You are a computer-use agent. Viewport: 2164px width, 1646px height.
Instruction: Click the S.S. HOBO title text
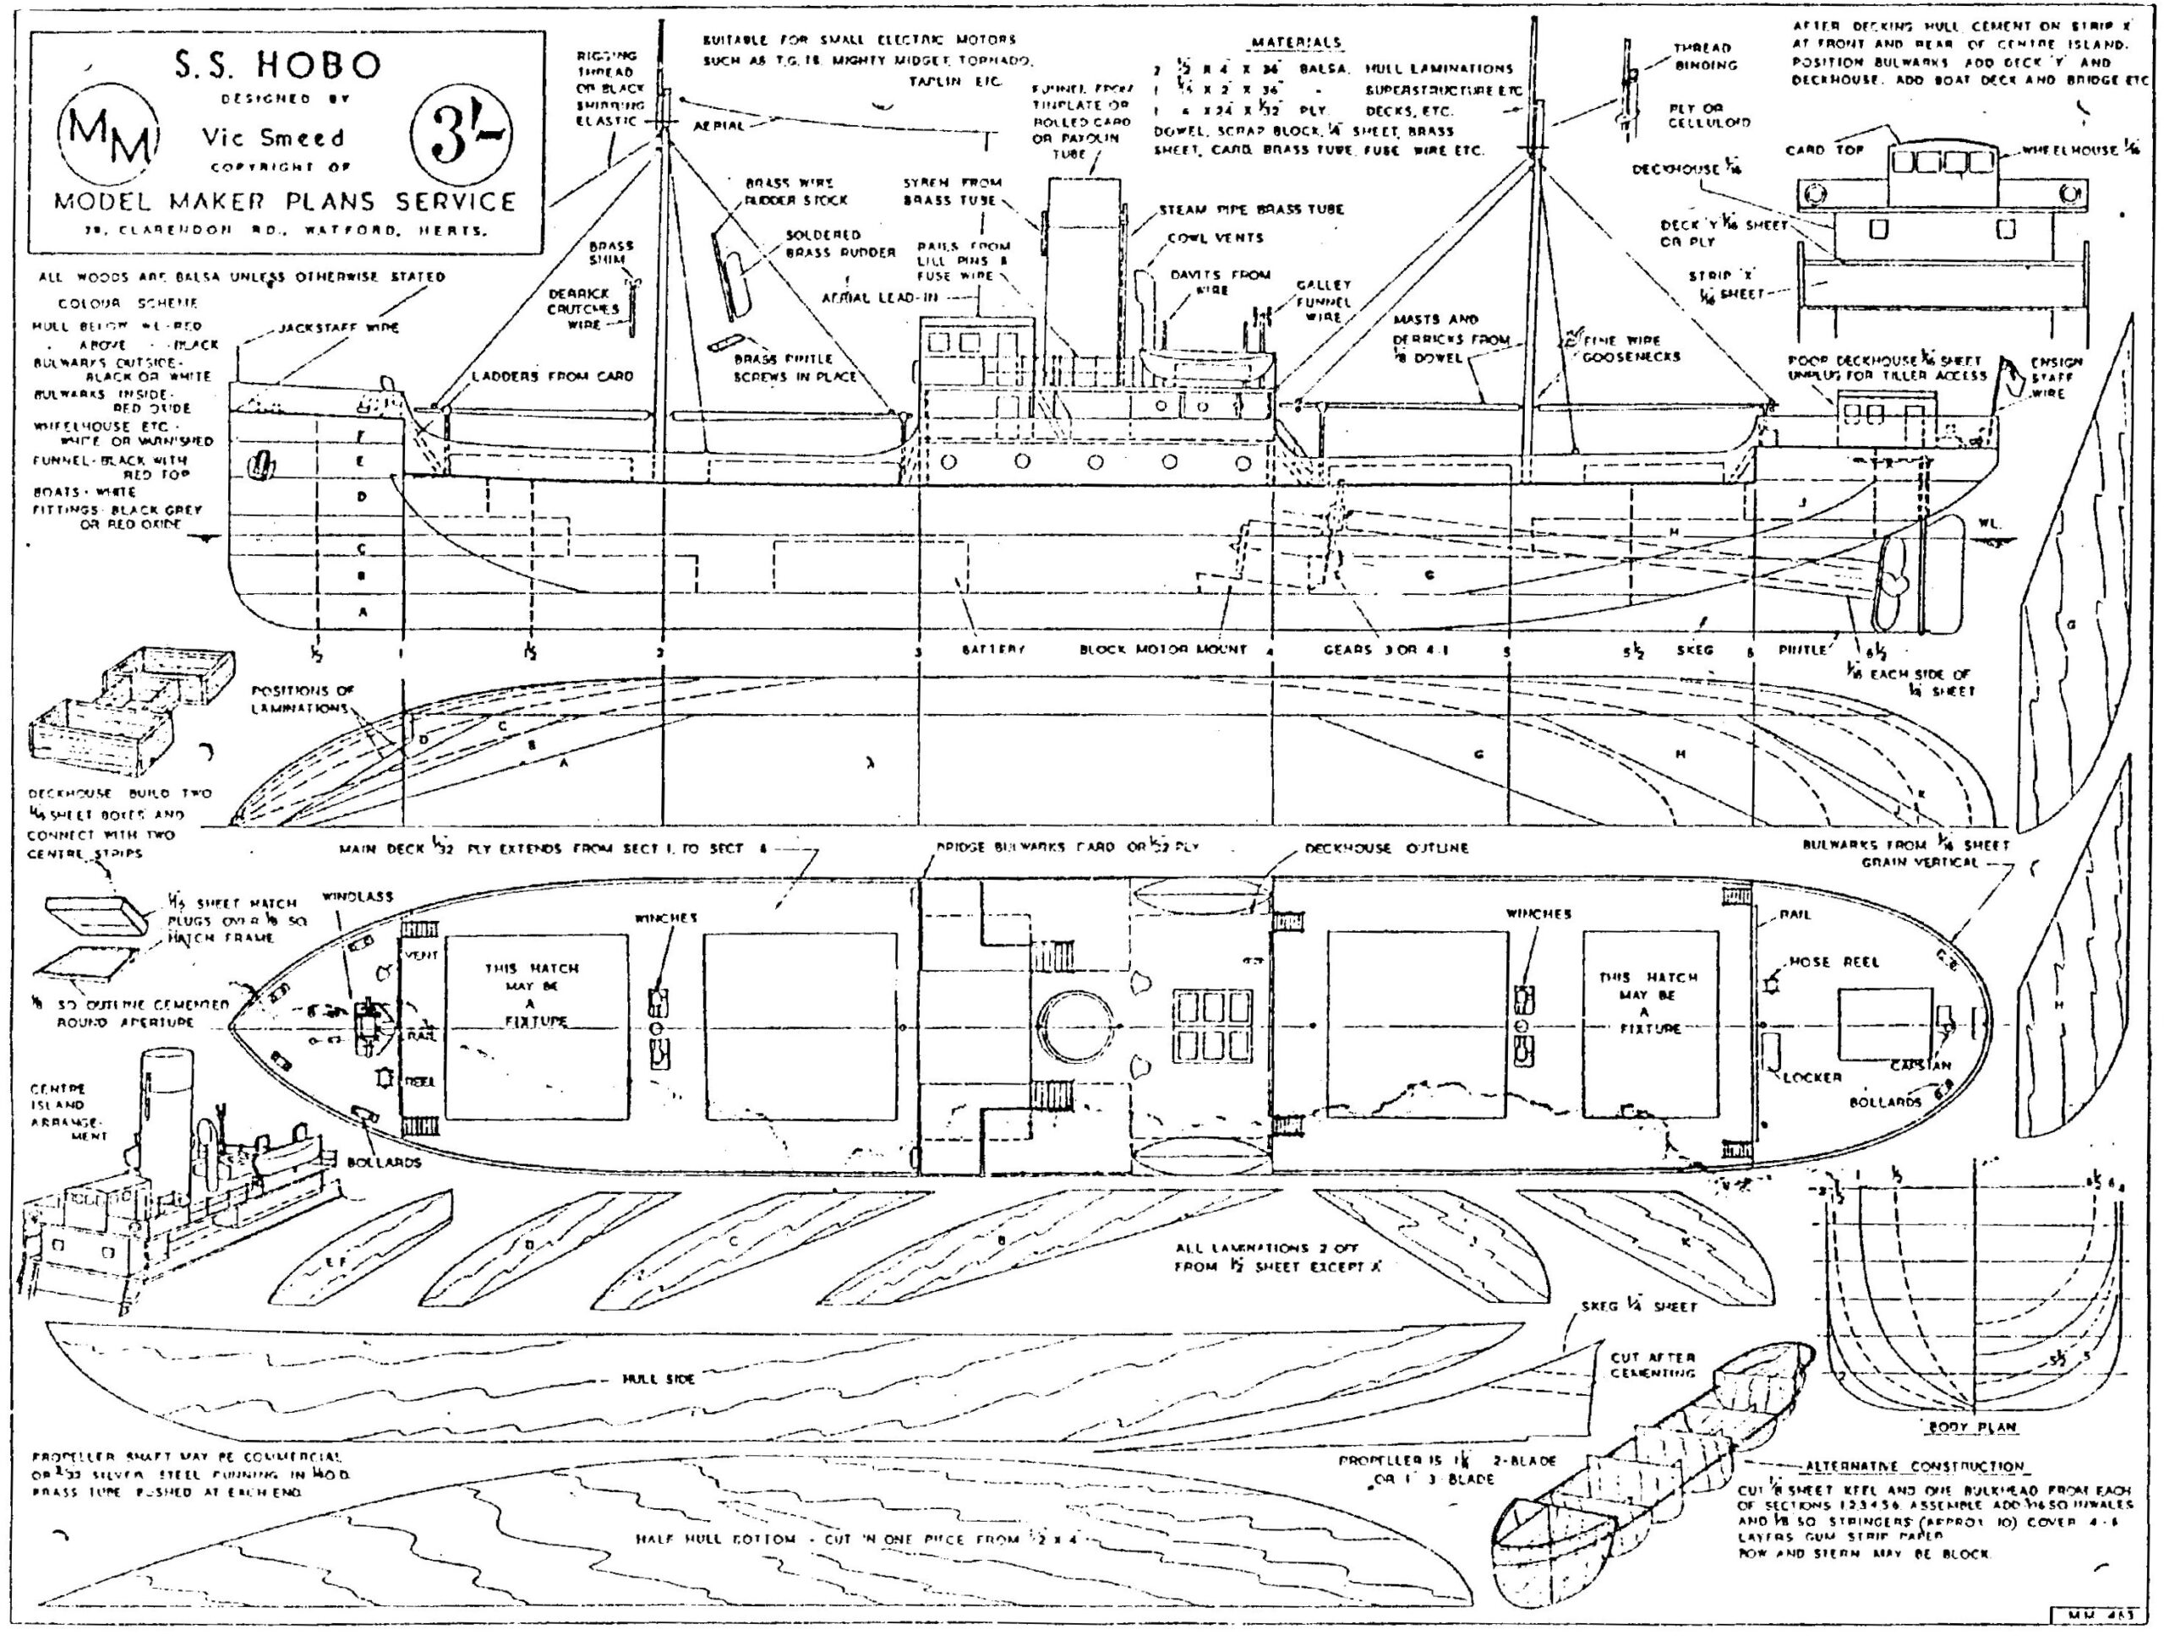[x=277, y=65]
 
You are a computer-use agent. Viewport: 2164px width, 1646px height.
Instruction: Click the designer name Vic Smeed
[x=272, y=137]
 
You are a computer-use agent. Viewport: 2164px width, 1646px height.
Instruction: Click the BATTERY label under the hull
[x=992, y=650]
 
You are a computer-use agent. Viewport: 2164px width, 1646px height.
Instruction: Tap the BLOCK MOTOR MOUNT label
[x=1163, y=650]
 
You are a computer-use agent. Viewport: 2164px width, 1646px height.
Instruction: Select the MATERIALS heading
[x=1296, y=43]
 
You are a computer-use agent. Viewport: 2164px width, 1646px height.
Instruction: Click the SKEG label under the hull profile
[x=1696, y=650]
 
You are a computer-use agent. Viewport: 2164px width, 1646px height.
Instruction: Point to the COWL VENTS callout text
[x=1216, y=238]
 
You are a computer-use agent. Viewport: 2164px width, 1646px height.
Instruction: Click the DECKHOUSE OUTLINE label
[x=1385, y=848]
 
